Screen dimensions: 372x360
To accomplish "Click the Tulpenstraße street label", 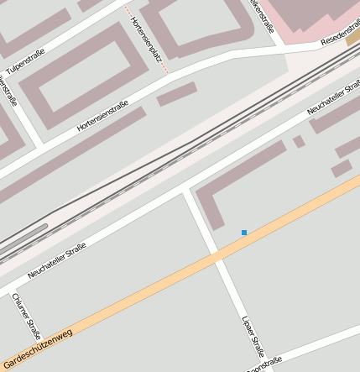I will pos(25,61).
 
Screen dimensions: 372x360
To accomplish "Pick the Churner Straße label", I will pos(26,314).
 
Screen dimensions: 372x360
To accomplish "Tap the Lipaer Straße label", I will pos(253,335).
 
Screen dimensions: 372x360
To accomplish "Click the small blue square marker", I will pos(244,233).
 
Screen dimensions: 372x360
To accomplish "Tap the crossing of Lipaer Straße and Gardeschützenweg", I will pos(217,254).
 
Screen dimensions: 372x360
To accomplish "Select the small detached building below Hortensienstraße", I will pos(176,94).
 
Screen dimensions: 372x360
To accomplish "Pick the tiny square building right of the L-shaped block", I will pos(299,141).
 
